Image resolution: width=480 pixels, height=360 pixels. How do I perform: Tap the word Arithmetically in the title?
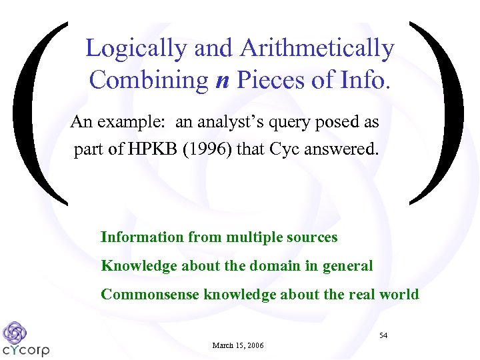[x=317, y=48]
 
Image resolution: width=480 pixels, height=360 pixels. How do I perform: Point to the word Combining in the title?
[x=149, y=80]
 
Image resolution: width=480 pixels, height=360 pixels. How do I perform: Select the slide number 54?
[x=383, y=335]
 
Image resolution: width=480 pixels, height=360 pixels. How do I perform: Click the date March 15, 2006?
[x=238, y=345]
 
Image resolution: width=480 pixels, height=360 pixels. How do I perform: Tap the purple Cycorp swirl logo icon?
[x=14, y=332]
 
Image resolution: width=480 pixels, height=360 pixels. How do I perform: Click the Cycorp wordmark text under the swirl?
[x=26, y=349]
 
